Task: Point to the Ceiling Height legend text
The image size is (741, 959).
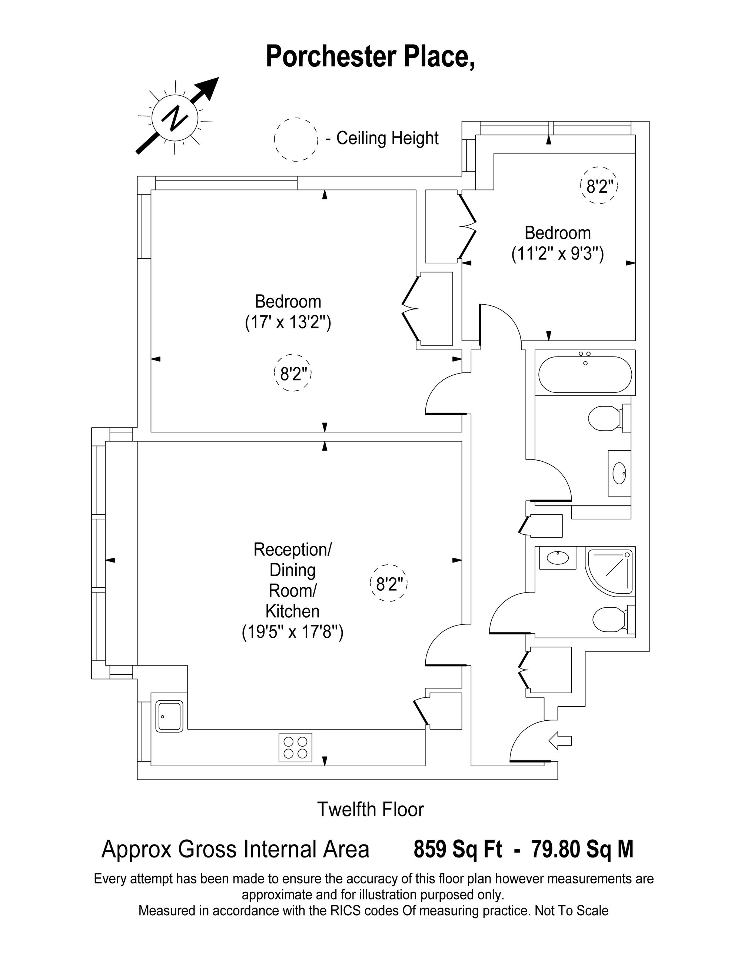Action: [388, 138]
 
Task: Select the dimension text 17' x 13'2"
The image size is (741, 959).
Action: [288, 323]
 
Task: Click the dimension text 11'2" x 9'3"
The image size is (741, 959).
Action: [558, 254]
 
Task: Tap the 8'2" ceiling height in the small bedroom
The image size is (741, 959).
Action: [599, 187]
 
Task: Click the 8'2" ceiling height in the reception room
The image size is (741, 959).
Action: [389, 584]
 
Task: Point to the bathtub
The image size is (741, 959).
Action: [585, 374]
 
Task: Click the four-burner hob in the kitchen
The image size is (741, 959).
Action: [295, 747]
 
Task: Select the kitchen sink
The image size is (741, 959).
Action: [169, 716]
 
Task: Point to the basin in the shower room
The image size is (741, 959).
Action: [558, 558]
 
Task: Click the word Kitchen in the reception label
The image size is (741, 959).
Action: [292, 611]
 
